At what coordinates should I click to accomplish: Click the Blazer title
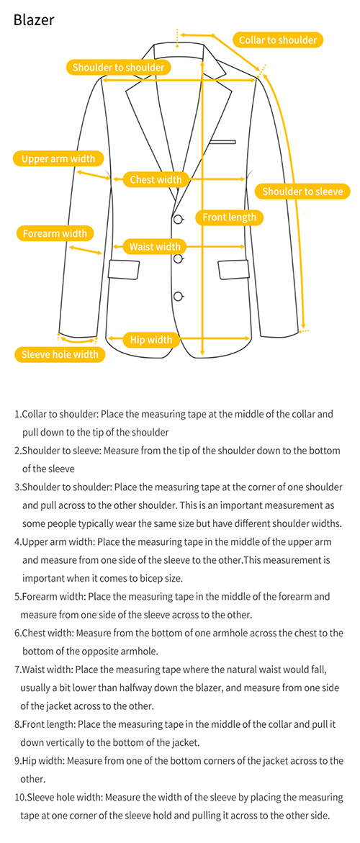(33, 20)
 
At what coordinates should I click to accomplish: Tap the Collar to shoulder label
(278, 40)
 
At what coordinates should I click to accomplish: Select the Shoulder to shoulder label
(118, 67)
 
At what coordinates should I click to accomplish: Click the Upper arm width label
(58, 158)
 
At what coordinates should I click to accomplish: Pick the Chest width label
(156, 179)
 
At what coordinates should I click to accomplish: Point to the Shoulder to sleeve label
(302, 191)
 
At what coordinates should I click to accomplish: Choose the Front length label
(229, 217)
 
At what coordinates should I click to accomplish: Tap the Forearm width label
(55, 233)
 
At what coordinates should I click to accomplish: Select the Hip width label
(151, 340)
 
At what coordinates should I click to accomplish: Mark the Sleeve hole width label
(60, 353)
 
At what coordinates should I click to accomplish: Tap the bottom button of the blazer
(179, 296)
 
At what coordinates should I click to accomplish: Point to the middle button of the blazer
(179, 258)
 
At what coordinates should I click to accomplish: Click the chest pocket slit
(223, 142)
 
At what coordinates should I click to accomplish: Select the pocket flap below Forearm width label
(125, 269)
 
